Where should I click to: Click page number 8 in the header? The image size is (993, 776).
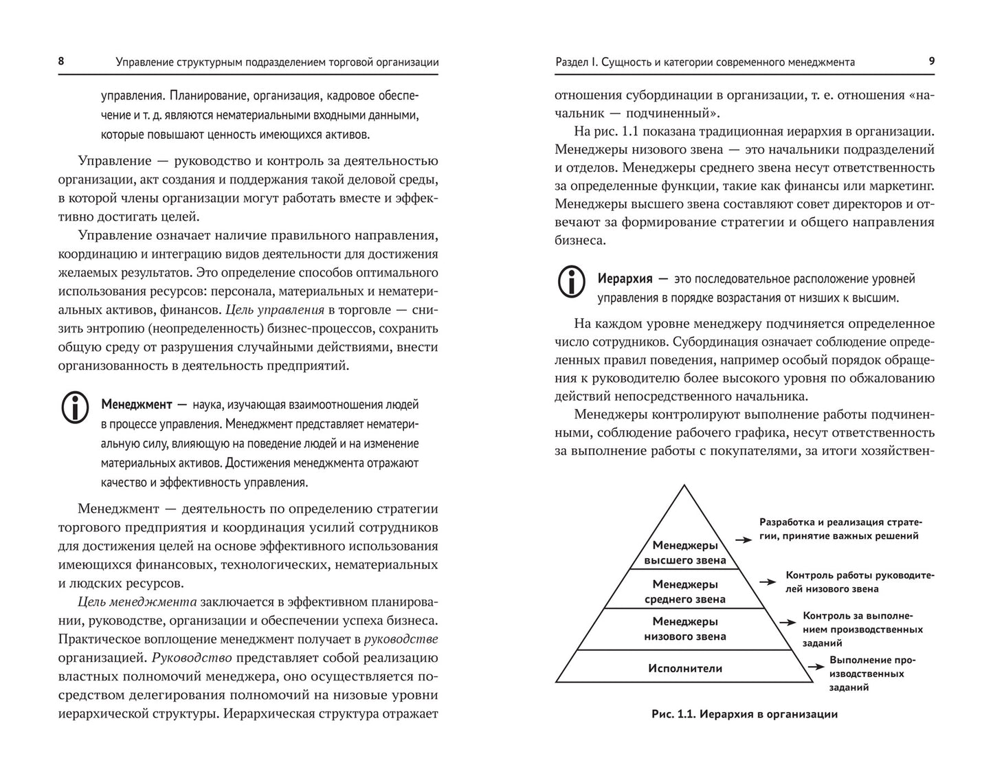click(x=61, y=61)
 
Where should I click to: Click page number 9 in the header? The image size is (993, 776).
click(x=931, y=61)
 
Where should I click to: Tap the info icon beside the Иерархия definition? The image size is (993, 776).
click(x=572, y=282)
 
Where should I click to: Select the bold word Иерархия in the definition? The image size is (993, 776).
click(x=625, y=279)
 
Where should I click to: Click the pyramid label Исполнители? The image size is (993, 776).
click(x=684, y=668)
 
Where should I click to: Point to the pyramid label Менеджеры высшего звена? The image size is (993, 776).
click(x=684, y=553)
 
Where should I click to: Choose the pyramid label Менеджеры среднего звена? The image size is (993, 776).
click(x=684, y=592)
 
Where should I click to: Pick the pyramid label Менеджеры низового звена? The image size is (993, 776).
click(x=684, y=629)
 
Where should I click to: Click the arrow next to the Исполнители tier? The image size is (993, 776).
click(x=816, y=666)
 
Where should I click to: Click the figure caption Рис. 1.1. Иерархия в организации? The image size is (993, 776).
click(x=744, y=714)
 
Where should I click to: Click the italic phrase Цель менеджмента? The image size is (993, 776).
click(x=137, y=602)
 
